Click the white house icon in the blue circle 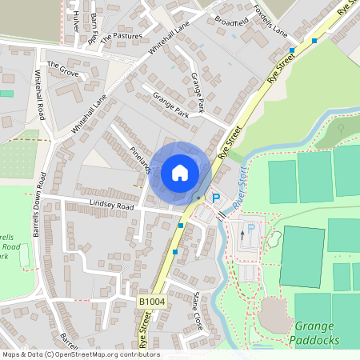point(179,173)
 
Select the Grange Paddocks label point(317,333)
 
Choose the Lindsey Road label point(111,206)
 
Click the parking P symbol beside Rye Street point(215,198)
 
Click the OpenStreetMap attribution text point(80,354)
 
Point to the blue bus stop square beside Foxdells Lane point(292,50)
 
